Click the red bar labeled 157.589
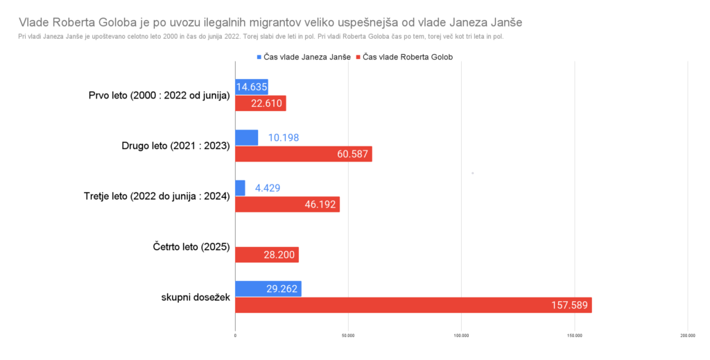413,305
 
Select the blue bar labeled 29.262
268,289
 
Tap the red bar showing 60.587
304,154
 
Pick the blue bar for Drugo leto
246,137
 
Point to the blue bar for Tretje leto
240,188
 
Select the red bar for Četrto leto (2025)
267,255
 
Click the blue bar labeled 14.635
252,87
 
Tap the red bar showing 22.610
261,103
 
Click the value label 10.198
284,137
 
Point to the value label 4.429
268,188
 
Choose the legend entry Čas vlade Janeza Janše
304,58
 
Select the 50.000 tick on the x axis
349,336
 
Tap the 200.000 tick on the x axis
688,336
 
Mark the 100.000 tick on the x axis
462,336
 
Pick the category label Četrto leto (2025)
191,247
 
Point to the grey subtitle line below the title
263,36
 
